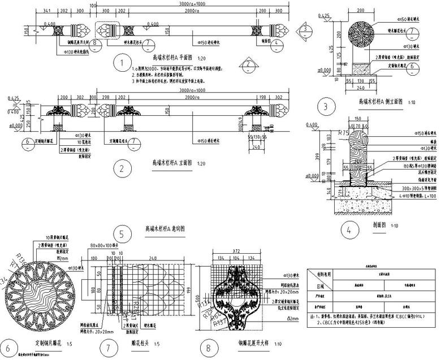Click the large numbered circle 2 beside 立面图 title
(119, 168)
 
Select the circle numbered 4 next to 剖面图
(349, 230)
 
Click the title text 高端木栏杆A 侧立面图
(381, 102)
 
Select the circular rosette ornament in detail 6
(41, 295)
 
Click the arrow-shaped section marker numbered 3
(304, 28)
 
